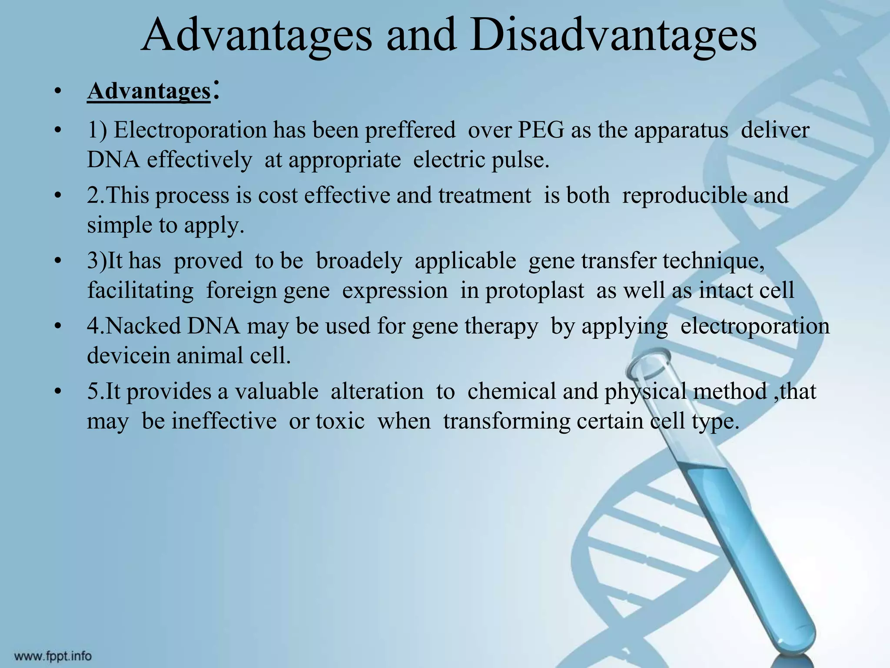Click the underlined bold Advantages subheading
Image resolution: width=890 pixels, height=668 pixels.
coord(149,92)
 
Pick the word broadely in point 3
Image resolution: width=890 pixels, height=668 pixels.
coord(359,261)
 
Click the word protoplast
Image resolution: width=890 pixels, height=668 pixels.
coord(535,291)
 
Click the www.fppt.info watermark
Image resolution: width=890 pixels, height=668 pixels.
coord(53,656)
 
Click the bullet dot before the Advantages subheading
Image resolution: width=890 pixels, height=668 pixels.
coord(56,93)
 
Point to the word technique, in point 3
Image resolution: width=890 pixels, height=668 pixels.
coord(713,261)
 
